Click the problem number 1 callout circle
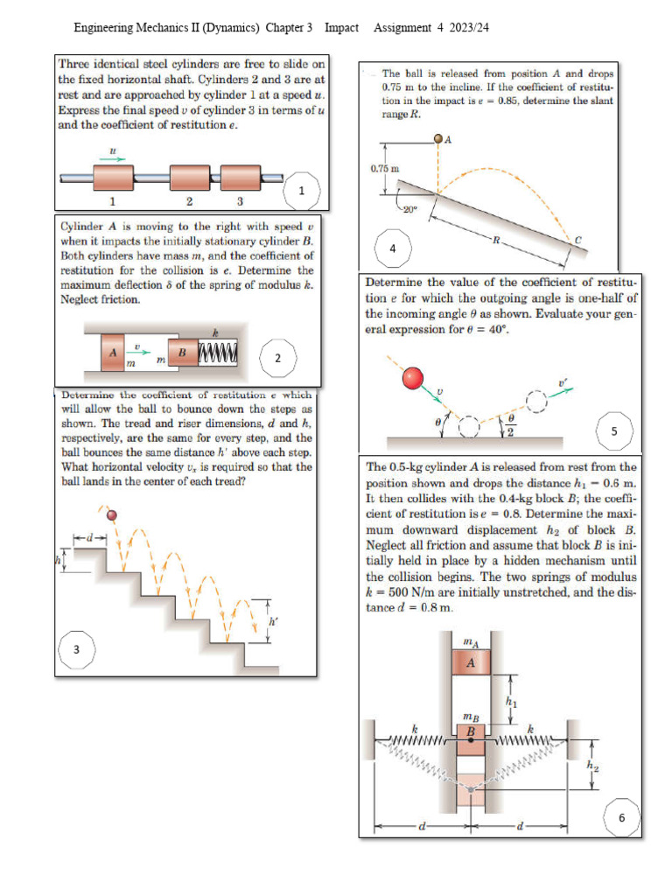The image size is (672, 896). (x=302, y=190)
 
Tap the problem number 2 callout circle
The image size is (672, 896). (x=277, y=358)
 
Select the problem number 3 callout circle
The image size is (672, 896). (x=77, y=648)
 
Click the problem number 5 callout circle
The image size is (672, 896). (x=613, y=430)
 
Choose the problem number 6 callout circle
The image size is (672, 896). (x=622, y=818)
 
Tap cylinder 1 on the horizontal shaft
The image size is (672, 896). (x=113, y=178)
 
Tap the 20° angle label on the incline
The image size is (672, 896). (x=410, y=209)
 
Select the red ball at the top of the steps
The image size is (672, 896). (x=111, y=514)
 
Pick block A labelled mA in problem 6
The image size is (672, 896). (x=471, y=662)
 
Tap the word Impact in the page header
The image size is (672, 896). (x=341, y=28)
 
